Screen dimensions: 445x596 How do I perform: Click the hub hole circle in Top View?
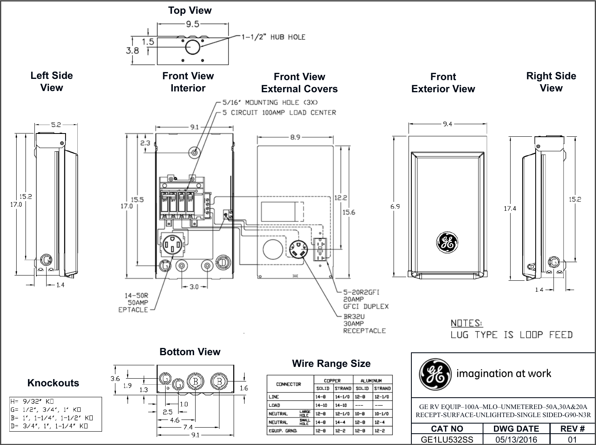click(193, 47)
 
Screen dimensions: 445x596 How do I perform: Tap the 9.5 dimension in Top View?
click(192, 24)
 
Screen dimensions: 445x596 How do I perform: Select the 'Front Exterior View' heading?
click(443, 83)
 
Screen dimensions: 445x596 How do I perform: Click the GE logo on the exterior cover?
click(447, 243)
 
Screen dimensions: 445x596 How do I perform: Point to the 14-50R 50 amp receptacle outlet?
click(174, 244)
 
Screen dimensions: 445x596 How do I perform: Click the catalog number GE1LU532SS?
click(447, 439)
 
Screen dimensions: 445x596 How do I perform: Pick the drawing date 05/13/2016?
click(516, 439)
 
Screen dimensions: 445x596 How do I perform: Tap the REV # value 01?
click(572, 439)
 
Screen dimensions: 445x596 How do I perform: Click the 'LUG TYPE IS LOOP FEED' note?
click(512, 335)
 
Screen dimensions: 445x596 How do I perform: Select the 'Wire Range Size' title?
click(331, 364)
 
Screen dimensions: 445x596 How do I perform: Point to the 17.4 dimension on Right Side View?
click(510, 209)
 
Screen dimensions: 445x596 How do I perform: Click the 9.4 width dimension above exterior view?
click(447, 124)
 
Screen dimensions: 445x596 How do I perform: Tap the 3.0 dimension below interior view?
click(194, 287)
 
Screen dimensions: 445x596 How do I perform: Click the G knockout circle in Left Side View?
click(46, 259)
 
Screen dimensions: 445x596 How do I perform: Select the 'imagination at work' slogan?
click(504, 373)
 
